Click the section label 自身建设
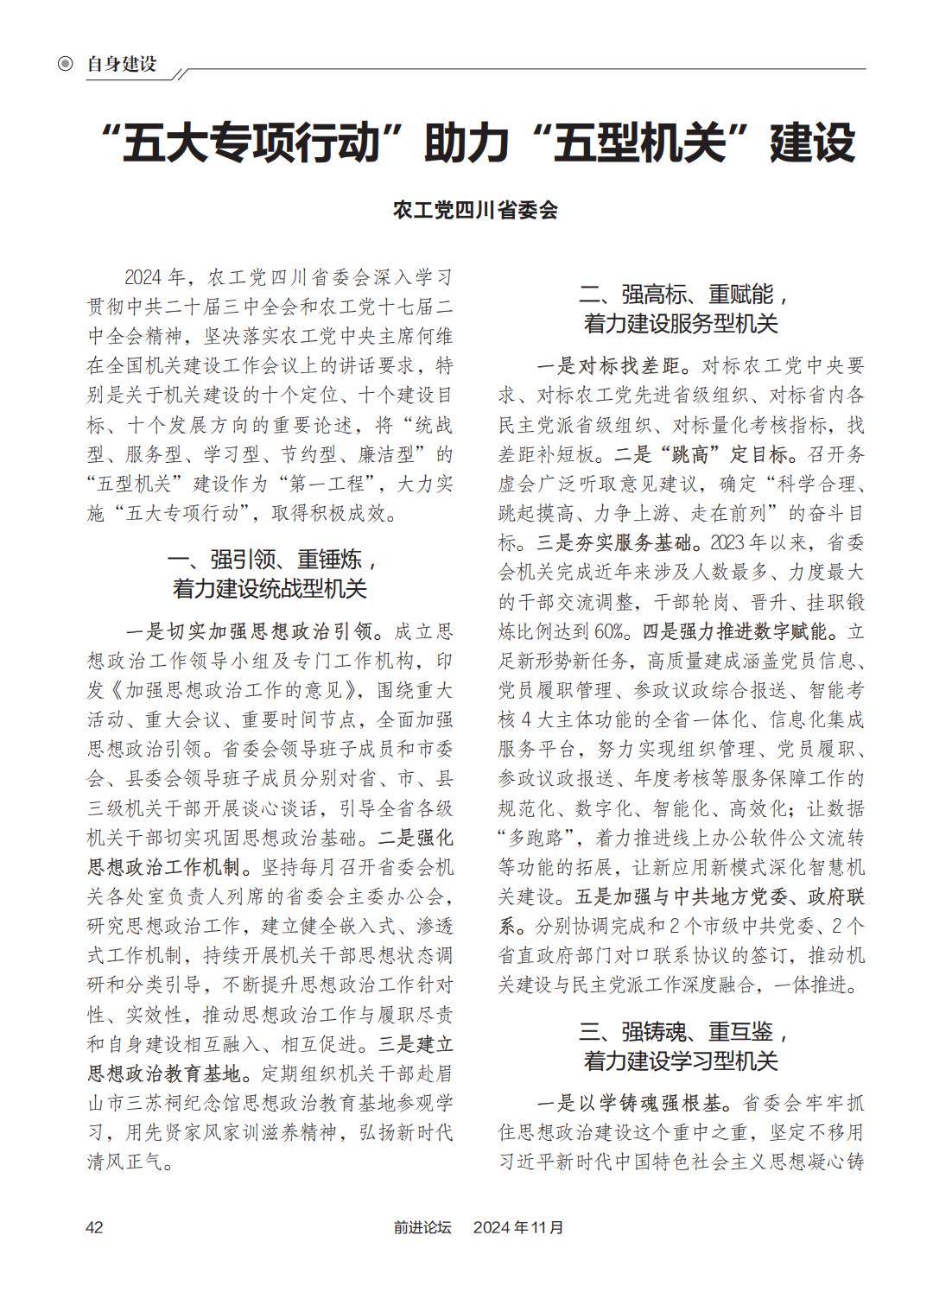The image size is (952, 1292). tap(121, 64)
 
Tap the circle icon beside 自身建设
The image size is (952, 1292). tap(65, 64)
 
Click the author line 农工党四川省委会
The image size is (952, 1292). tap(475, 210)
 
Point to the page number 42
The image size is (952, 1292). tap(94, 1227)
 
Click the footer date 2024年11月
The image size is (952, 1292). tap(518, 1227)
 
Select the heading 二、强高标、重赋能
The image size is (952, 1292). tap(681, 295)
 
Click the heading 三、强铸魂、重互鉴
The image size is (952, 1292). tap(681, 1032)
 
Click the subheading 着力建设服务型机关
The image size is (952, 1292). tap(681, 325)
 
